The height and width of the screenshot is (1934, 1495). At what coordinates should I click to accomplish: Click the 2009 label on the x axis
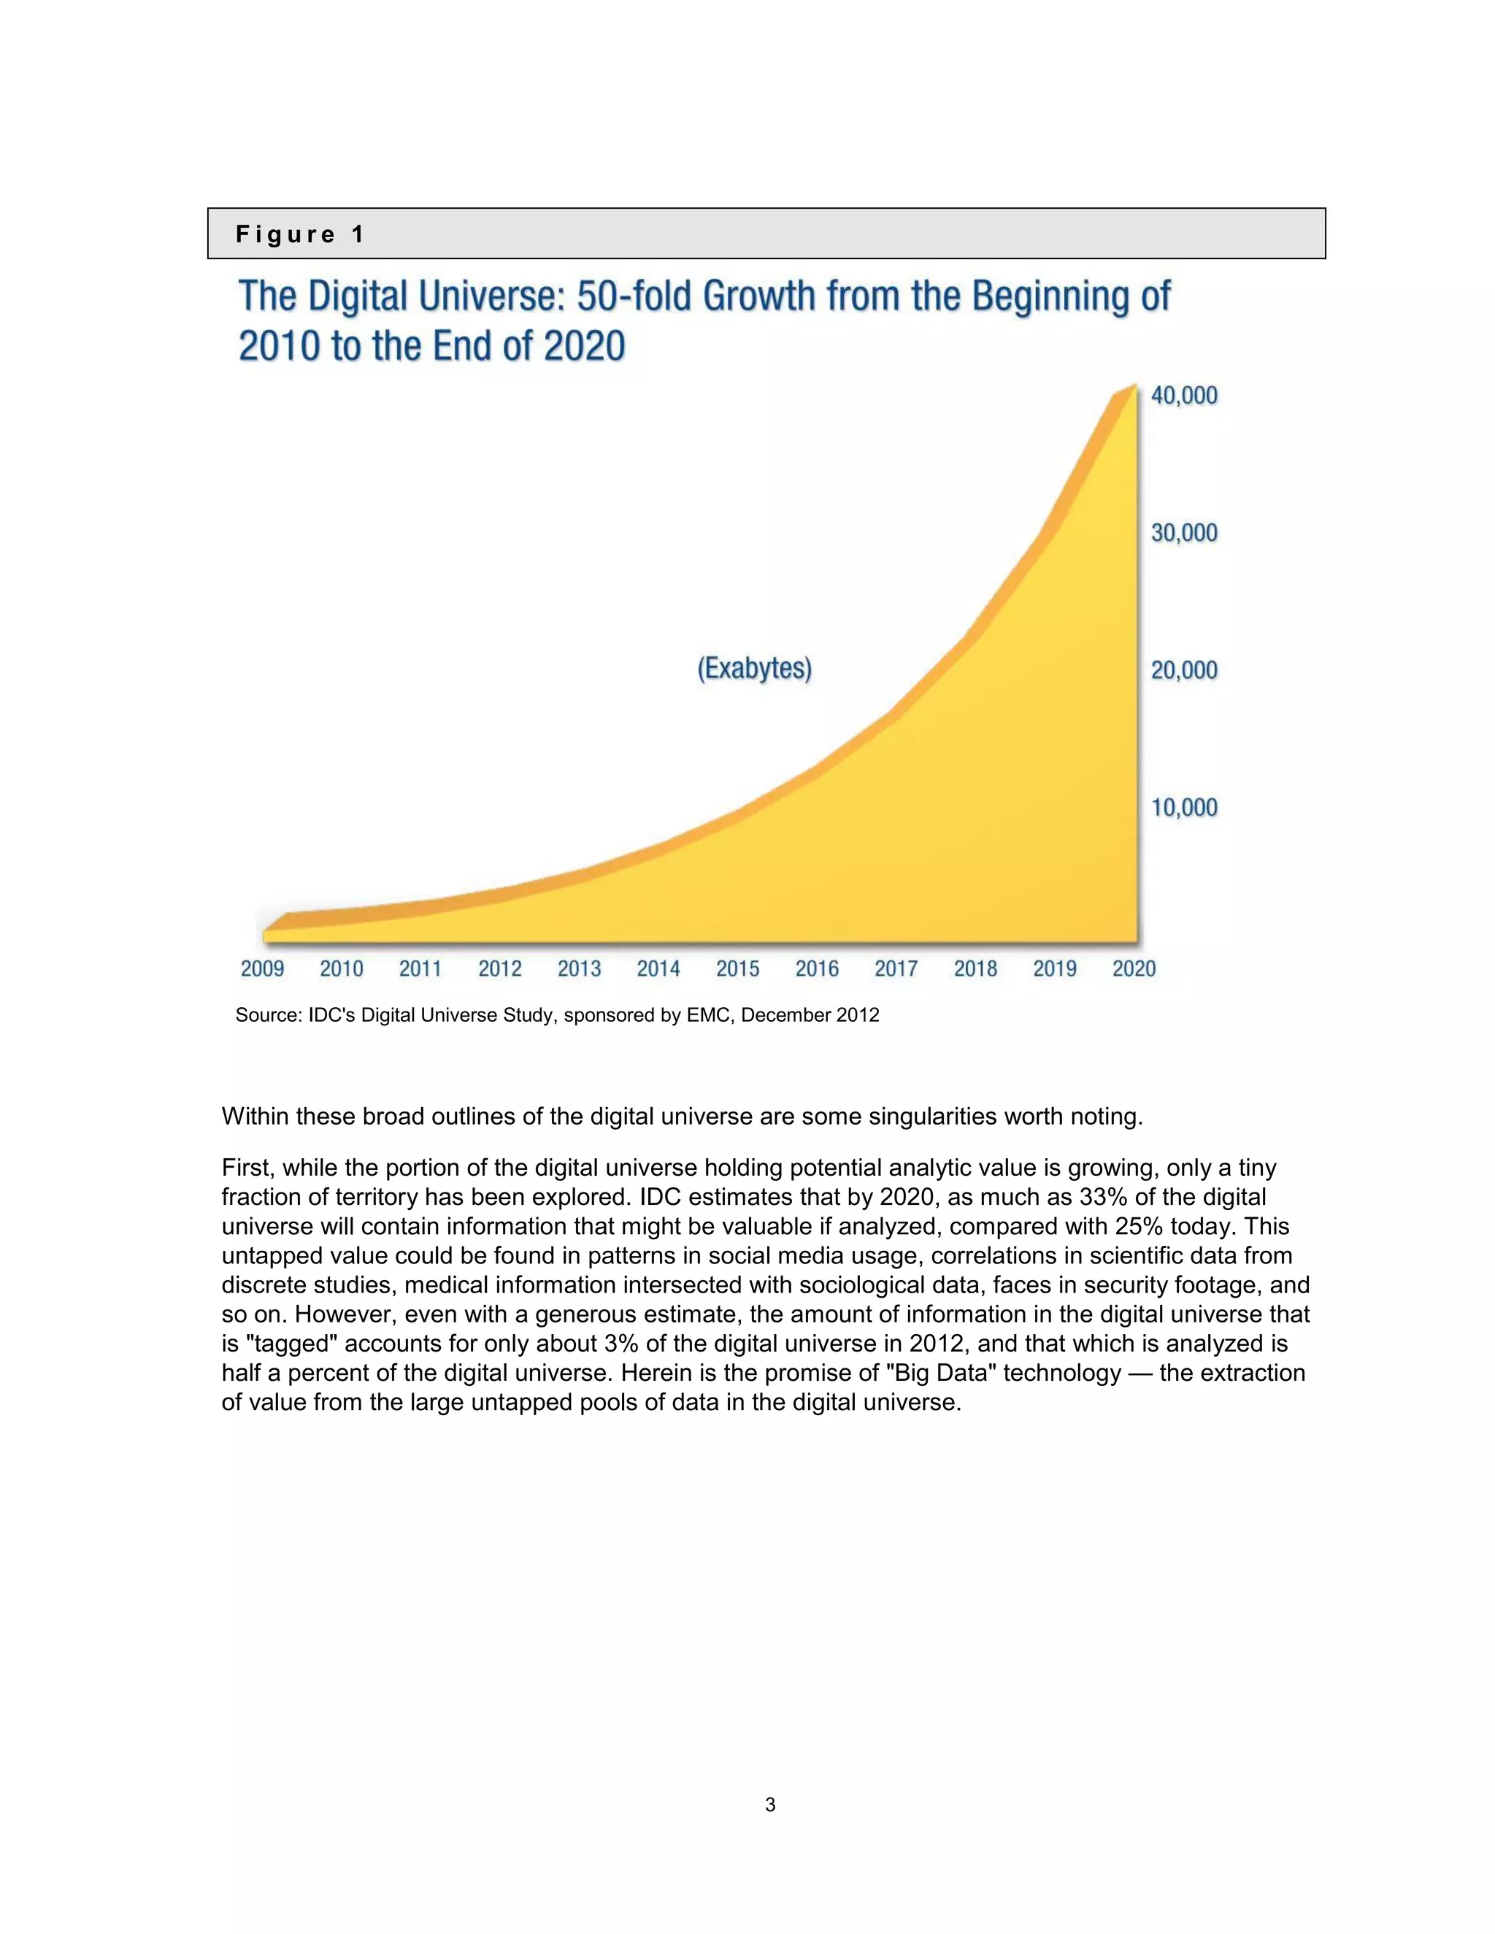(x=262, y=968)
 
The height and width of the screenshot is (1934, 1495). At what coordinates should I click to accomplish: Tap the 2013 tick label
(x=579, y=968)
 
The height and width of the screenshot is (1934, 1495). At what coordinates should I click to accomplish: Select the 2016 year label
(x=817, y=968)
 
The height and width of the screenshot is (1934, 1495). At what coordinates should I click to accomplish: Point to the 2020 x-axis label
(x=1134, y=968)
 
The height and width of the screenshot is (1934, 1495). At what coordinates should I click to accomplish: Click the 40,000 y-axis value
(x=1184, y=395)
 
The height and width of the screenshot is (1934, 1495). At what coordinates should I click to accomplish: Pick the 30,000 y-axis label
(x=1184, y=532)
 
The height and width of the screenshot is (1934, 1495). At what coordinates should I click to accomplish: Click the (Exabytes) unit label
(x=755, y=668)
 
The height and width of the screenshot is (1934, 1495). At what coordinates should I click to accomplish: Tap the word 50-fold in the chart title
(x=634, y=296)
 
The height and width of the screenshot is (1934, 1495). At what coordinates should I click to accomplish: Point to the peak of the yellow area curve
(x=1134, y=386)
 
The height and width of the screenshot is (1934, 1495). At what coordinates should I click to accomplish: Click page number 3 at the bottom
(x=769, y=1805)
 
